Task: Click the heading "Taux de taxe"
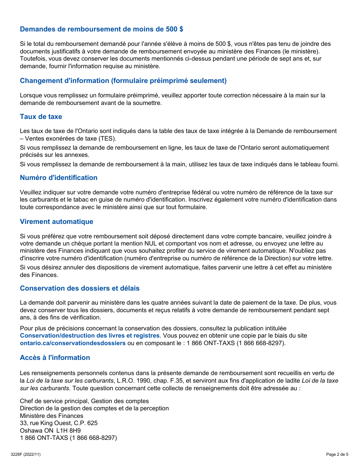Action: tap(41, 117)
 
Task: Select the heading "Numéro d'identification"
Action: tap(58, 178)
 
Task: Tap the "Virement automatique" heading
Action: tap(56, 222)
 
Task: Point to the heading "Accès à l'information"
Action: tap(55, 358)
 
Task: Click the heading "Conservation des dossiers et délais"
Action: tap(80, 288)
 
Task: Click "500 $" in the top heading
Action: tap(175, 29)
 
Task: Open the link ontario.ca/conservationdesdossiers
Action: tap(72, 343)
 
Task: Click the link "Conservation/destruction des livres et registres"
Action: tap(89, 336)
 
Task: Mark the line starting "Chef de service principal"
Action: tap(84, 401)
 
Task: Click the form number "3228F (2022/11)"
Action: tap(25, 455)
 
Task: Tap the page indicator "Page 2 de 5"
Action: tap(337, 455)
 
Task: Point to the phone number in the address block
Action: tap(68, 438)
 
